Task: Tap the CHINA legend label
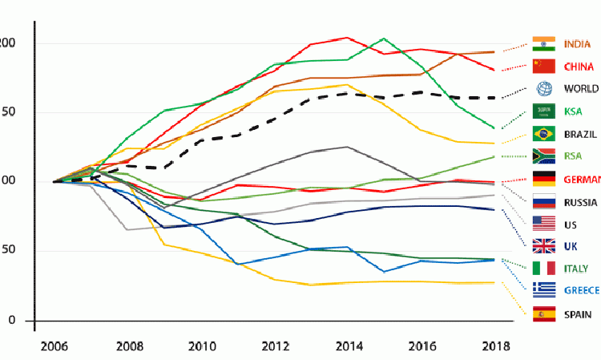[x=579, y=66]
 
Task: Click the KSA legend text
[x=574, y=111]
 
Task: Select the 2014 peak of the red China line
[x=345, y=37]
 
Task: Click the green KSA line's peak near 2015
[x=384, y=38]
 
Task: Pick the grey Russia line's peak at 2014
[x=345, y=147]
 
